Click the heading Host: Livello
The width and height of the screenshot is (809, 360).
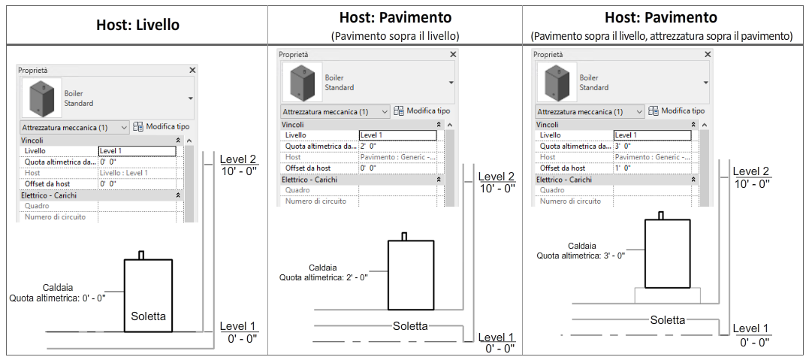click(x=137, y=25)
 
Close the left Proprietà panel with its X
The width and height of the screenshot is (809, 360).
click(x=192, y=70)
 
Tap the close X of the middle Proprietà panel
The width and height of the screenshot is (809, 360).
click(x=453, y=55)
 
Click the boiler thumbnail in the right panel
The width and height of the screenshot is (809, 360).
click(x=556, y=82)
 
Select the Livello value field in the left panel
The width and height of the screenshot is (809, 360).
click(x=137, y=151)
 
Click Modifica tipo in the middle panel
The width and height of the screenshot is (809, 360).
click(x=422, y=110)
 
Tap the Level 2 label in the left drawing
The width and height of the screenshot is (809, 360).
click(x=238, y=159)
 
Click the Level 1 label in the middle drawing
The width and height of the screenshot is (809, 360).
click(x=497, y=337)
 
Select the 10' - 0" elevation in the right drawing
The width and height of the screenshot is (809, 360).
click(x=753, y=183)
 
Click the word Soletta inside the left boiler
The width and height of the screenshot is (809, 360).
click(x=149, y=316)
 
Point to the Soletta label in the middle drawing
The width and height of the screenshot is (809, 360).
click(x=410, y=325)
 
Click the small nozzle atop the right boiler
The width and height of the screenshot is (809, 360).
click(x=661, y=215)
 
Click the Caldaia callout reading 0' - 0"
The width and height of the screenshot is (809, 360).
click(x=58, y=292)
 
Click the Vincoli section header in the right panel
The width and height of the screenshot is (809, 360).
click(x=548, y=125)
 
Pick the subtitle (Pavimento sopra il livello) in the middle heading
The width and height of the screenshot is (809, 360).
click(x=395, y=35)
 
